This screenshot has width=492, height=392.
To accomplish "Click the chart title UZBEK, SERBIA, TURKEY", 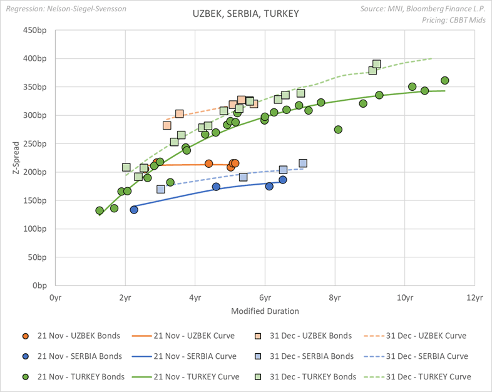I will [246, 14].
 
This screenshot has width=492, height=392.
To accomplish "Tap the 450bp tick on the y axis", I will [38, 30].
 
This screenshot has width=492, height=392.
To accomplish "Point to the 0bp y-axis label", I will [42, 286].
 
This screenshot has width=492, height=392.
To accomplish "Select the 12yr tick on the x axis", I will [475, 298].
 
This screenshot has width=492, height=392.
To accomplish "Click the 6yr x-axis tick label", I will [265, 298].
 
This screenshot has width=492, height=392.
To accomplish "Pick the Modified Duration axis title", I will [265, 311].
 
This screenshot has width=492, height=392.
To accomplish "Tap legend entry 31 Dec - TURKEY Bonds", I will [311, 376].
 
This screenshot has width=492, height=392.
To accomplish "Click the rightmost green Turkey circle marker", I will [445, 81].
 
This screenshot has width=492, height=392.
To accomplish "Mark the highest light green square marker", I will [377, 64].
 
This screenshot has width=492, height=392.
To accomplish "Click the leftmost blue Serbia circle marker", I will [134, 210].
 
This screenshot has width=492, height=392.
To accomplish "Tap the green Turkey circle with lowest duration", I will [100, 211].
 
